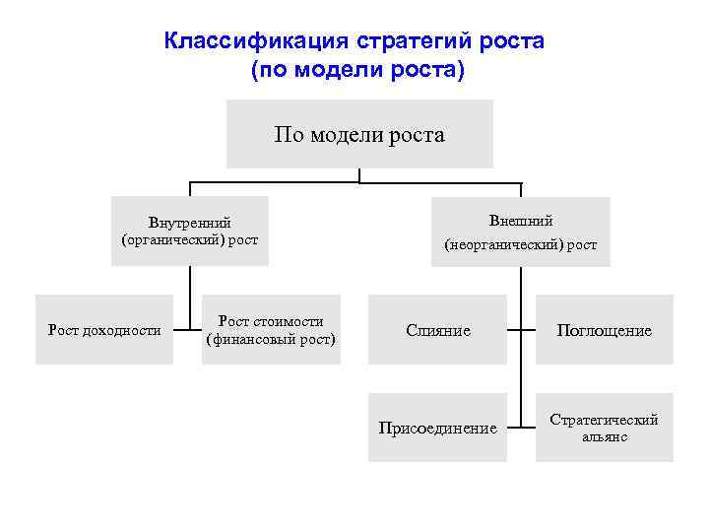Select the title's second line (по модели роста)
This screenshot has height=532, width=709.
point(355,71)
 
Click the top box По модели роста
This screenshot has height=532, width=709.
point(359,134)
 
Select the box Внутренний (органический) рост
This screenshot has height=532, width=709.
point(190,232)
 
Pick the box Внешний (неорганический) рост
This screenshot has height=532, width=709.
point(521,232)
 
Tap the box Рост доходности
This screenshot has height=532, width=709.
point(104,330)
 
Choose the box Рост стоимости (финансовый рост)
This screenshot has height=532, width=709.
point(271,330)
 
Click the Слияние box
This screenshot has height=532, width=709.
point(438,330)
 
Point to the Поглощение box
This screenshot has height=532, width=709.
point(604,330)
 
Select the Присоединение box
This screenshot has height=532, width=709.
point(438,428)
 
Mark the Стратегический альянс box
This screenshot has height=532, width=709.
point(604,428)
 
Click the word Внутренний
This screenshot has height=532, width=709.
point(190,223)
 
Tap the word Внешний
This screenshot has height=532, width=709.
point(521,221)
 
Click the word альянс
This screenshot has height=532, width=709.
point(604,436)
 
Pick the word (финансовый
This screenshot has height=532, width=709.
point(251,340)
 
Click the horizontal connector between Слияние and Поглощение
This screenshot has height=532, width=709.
point(521,330)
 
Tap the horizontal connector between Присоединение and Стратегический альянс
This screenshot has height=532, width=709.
point(521,428)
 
